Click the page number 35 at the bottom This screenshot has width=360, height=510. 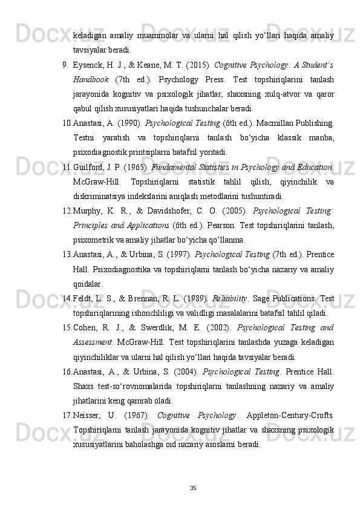click(193, 488)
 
